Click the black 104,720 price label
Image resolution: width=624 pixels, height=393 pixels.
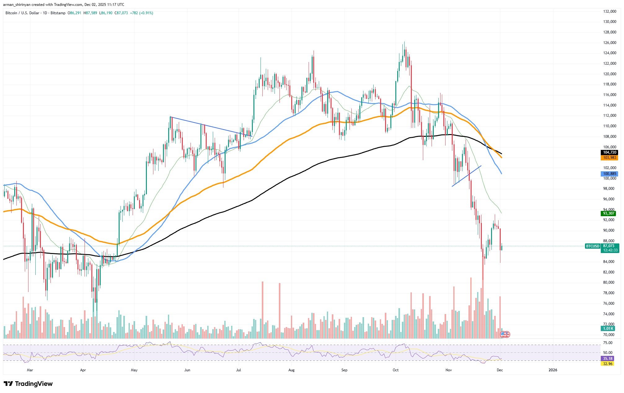click(x=609, y=152)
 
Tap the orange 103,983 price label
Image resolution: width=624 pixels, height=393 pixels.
click(x=609, y=158)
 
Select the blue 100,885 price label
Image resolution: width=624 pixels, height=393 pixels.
click(x=609, y=174)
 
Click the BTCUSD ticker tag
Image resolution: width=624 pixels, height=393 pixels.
click(x=592, y=246)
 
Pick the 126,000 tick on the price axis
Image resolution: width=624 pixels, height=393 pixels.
click(x=608, y=42)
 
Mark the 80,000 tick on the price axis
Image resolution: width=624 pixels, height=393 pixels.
click(x=607, y=282)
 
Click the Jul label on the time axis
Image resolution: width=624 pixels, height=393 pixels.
click(x=239, y=370)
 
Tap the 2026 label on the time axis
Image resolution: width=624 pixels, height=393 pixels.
click(x=552, y=370)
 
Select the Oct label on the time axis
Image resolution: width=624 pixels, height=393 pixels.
click(x=395, y=370)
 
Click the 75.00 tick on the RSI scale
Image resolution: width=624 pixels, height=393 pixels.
click(x=608, y=343)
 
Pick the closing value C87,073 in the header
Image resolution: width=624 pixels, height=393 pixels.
click(x=121, y=13)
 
